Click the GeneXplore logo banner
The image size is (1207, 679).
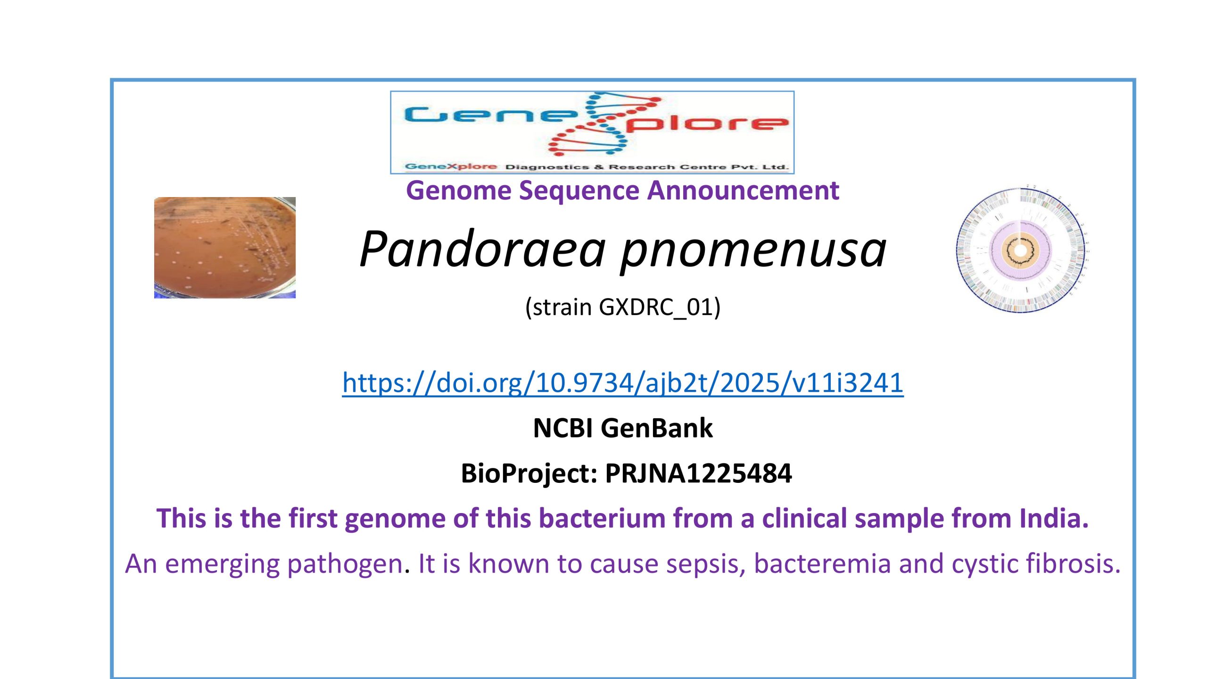pyautogui.click(x=592, y=132)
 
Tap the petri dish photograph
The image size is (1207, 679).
pyautogui.click(x=225, y=248)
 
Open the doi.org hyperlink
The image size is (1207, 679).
pyautogui.click(x=623, y=382)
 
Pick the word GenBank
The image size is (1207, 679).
pyautogui.click(x=657, y=428)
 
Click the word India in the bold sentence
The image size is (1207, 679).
pyautogui.click(x=1054, y=518)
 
